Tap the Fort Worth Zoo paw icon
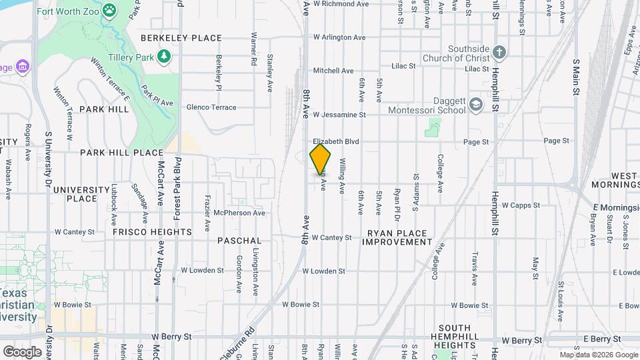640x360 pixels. (110, 11)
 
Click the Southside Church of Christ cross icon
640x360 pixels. (501, 53)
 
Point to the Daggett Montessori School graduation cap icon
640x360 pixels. (475, 105)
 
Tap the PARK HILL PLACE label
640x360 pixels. (121, 153)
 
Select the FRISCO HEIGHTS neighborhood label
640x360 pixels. (152, 232)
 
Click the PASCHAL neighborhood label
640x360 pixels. (239, 240)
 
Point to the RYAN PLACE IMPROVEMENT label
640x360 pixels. (397, 237)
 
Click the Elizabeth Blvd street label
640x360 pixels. (336, 142)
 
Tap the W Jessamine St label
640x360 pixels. (339, 115)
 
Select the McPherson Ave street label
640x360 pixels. (239, 213)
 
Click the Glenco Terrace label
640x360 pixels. (211, 107)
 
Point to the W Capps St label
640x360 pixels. (521, 205)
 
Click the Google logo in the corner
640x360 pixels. (22, 351)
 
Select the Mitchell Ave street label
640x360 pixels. (333, 71)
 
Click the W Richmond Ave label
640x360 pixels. (341, 4)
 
